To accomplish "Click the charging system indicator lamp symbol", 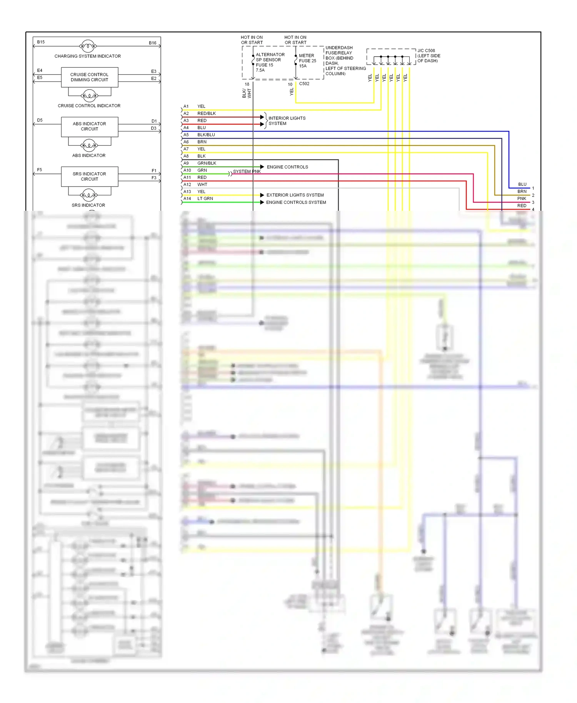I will (88, 46).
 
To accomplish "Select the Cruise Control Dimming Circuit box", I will (89, 77).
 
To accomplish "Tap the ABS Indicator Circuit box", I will (89, 127).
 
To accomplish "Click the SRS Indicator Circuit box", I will (89, 177).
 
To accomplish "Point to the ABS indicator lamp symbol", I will (89, 145).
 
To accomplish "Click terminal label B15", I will (41, 42).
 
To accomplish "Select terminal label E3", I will (153, 71).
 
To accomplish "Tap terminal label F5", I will (39, 170).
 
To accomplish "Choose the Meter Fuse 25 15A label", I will (307, 61).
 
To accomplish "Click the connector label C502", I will (304, 83).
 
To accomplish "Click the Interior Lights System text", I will (287, 121).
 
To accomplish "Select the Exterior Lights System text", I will (295, 195).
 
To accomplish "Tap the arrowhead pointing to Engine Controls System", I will (262, 202).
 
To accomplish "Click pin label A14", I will (187, 198).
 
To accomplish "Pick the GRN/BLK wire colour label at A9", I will (207, 163).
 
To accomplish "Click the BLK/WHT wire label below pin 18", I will (247, 93).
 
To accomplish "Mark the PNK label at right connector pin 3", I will (521, 198).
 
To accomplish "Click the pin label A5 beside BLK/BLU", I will (186, 135).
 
